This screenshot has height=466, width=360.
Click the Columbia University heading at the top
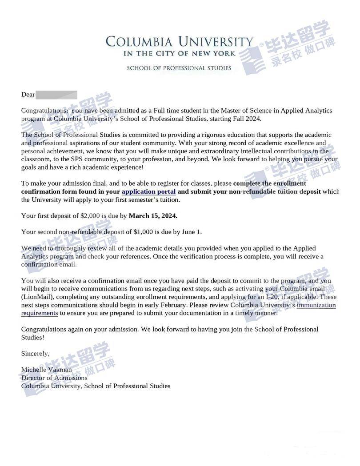tap(179, 42)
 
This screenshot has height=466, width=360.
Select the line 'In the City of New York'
tap(179, 54)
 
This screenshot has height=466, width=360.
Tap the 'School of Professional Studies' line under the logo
tap(179, 68)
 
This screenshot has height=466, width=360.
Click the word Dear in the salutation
tap(28, 95)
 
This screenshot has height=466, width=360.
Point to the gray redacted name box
tap(56, 95)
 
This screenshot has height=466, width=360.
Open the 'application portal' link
tap(148, 191)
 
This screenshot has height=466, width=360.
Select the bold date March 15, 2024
tap(153, 216)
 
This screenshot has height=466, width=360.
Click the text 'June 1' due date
tap(192, 232)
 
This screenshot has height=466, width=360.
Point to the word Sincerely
tap(36, 354)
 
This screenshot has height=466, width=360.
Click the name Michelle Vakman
tap(46, 370)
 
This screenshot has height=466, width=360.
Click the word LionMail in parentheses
tap(37, 297)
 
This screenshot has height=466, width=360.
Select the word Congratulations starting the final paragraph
tap(46, 329)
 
